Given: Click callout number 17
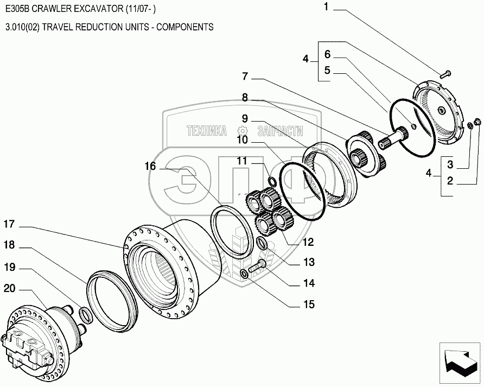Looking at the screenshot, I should (9, 223).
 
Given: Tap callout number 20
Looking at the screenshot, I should (9, 288).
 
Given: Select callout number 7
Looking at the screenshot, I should (245, 75).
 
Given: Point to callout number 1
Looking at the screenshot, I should (327, 7).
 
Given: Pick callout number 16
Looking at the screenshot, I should (150, 166).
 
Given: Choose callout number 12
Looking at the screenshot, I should (308, 242).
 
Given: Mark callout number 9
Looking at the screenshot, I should (245, 118).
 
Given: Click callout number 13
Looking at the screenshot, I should (308, 263).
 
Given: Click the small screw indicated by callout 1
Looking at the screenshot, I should (445, 74).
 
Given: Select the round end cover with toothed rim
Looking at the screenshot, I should (440, 115).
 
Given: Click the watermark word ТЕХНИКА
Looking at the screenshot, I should (206, 131).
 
